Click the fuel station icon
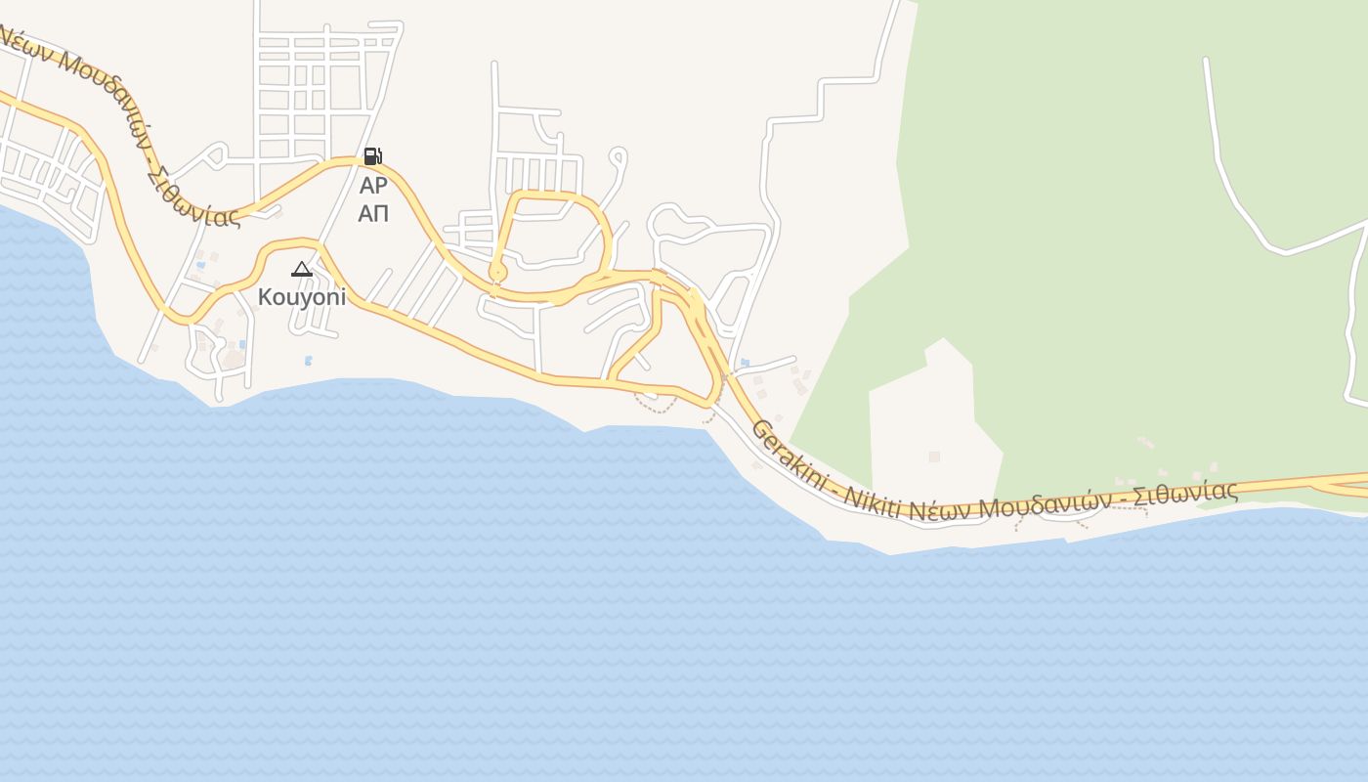pos(372,155)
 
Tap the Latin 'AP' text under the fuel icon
pos(373,185)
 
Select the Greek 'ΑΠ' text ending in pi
pos(373,213)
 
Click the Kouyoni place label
pos(302,297)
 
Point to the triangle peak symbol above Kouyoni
pos(302,269)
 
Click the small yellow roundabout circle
pos(497,271)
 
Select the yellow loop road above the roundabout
pos(557,195)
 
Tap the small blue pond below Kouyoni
pos(309,361)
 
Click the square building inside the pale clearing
pos(934,456)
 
